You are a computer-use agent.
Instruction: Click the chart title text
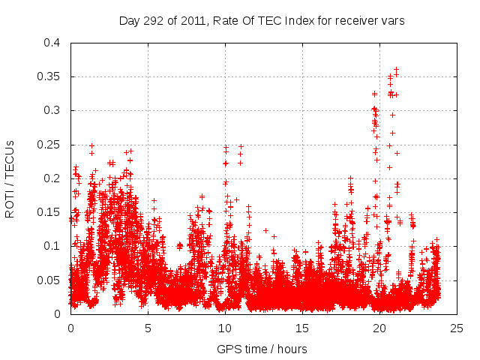click(x=262, y=21)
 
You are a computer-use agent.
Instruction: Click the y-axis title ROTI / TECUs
click(x=10, y=178)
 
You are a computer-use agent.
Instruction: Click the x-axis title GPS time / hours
click(x=262, y=349)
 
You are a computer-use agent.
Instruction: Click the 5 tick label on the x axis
click(x=148, y=328)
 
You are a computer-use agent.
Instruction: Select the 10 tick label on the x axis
click(x=225, y=328)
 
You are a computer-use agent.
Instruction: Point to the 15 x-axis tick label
click(x=302, y=328)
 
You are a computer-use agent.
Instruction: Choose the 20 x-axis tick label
click(x=379, y=328)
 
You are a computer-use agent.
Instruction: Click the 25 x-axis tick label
click(x=457, y=328)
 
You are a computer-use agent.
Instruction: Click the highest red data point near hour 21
click(x=396, y=69)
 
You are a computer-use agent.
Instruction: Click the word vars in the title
click(x=392, y=21)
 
